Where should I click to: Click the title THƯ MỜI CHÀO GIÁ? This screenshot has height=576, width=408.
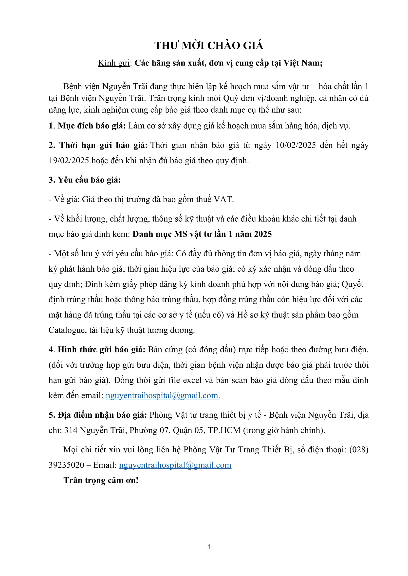coord(209,46)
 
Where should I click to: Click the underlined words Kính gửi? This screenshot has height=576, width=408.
coord(113,63)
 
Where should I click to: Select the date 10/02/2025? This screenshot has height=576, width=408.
coord(296,145)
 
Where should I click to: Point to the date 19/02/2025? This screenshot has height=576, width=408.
coord(69,161)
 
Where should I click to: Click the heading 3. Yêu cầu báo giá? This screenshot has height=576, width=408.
coord(85,180)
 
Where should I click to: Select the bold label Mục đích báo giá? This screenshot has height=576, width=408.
coord(92,126)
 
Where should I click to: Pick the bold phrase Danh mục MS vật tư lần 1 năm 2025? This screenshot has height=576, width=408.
coord(202,234)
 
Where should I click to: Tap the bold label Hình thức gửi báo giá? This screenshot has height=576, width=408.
coord(101,350)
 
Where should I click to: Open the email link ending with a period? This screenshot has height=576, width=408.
coord(163,396)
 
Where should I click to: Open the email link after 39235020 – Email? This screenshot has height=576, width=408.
coord(175,465)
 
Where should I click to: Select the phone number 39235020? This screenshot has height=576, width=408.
coord(66,465)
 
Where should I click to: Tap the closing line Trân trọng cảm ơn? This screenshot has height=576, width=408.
coord(101,480)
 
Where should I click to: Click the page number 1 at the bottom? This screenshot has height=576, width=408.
coord(209,547)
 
